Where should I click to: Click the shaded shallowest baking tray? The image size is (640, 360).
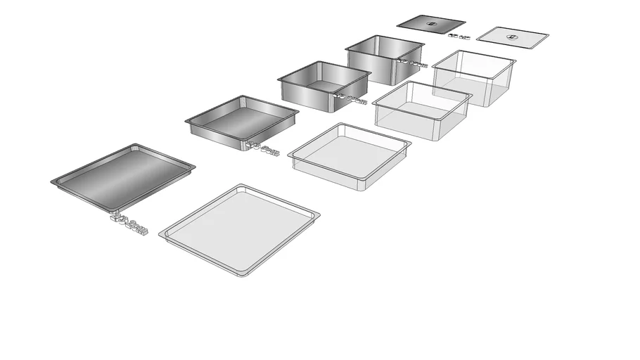click(123, 176)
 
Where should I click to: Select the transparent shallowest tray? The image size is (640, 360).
click(239, 229)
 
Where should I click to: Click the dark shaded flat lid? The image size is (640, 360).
click(430, 24)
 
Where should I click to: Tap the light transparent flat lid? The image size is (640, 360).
click(512, 37)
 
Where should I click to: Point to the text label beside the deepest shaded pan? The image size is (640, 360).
click(414, 64)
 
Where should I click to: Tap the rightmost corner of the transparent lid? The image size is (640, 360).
click(549, 37)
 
